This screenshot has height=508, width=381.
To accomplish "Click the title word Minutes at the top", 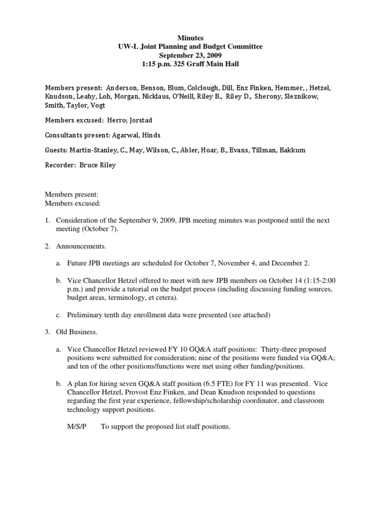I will (x=190, y=38).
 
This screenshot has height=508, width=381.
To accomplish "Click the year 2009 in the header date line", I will (x=214, y=55).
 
